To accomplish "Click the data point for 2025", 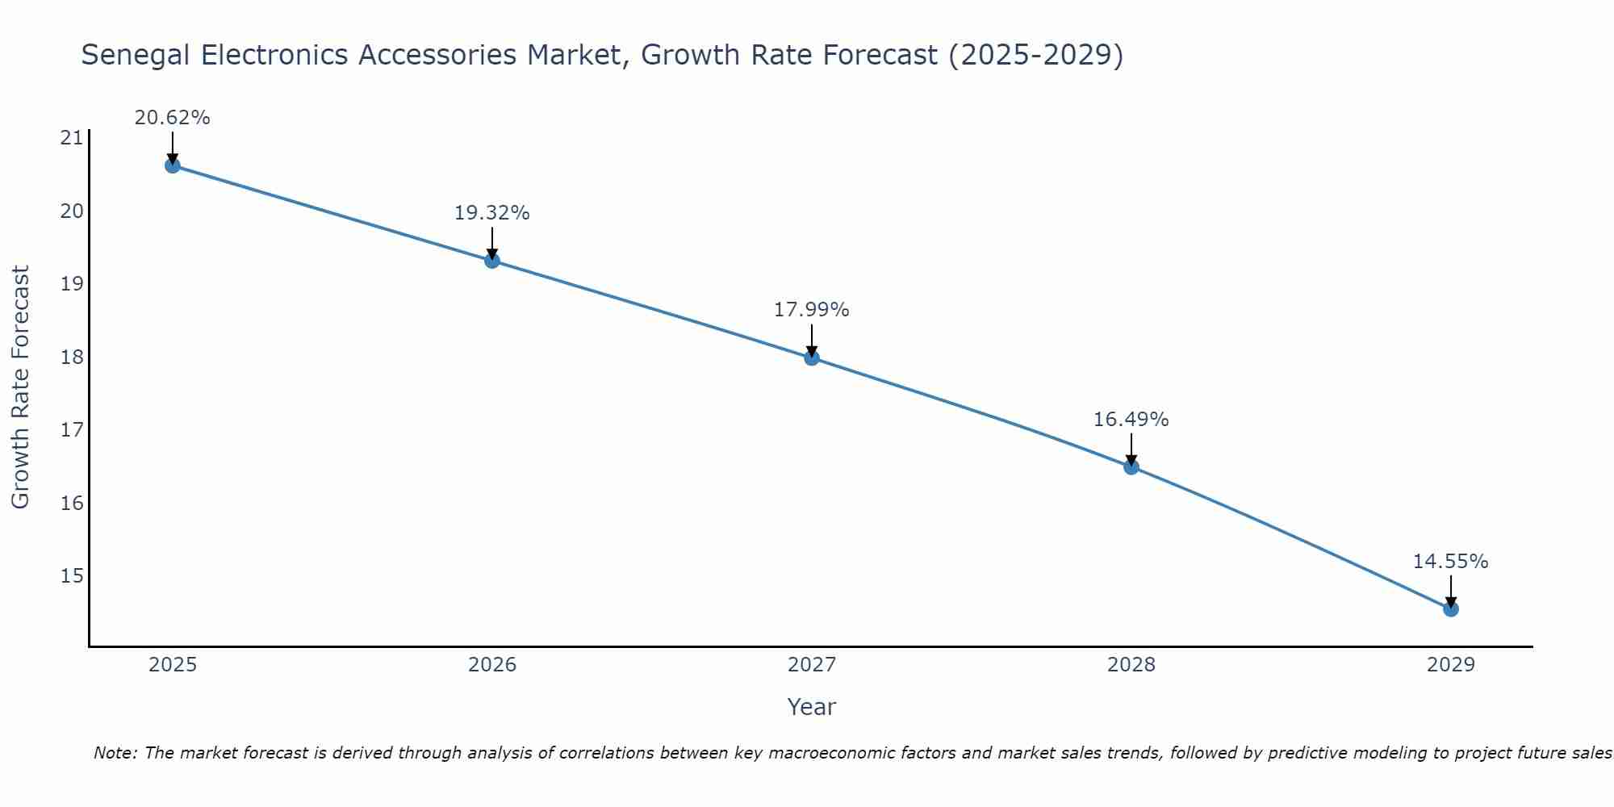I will [172, 165].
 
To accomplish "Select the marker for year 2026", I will [492, 261].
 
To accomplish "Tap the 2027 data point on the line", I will [812, 358].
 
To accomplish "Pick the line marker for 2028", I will [1131, 466].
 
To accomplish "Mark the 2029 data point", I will [1451, 608].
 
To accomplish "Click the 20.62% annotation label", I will [172, 118].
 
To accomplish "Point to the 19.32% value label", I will [491, 213].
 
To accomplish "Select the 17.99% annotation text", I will [811, 310].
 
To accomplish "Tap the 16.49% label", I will [1131, 420].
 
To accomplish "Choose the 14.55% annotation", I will [1450, 562].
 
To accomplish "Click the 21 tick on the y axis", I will [72, 138].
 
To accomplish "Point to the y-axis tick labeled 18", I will [72, 357].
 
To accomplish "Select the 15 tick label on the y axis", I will [72, 575].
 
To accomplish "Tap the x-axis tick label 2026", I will [492, 665].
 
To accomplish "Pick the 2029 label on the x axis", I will [1451, 665].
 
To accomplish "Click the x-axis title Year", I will [811, 707].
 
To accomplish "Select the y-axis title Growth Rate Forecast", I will [20, 387].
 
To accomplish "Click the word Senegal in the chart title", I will [135, 56].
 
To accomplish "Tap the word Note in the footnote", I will [115, 753].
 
